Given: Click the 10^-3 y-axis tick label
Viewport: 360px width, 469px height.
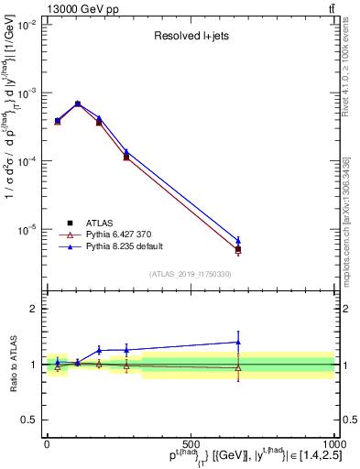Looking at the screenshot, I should [27, 93].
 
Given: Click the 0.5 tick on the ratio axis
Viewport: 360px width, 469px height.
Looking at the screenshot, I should [29, 420].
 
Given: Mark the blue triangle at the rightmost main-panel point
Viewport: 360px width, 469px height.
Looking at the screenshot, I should [238, 241].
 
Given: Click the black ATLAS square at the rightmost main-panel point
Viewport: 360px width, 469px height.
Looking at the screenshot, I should [238, 249].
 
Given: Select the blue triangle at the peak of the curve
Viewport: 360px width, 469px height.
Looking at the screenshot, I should [78, 104].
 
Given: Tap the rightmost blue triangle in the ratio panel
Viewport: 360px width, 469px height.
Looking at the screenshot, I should [238, 342].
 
